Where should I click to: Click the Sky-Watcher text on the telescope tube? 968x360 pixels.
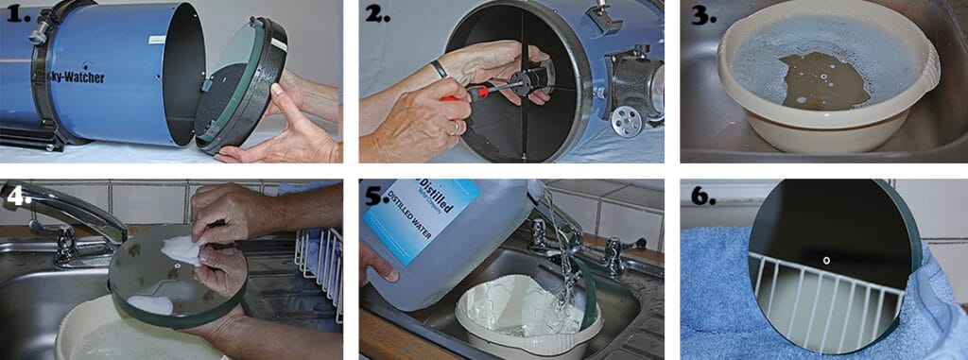pyautogui.click(x=72, y=77)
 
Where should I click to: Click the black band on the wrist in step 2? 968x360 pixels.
pyautogui.click(x=438, y=69)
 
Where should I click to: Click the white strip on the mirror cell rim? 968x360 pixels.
pyautogui.click(x=281, y=44)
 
